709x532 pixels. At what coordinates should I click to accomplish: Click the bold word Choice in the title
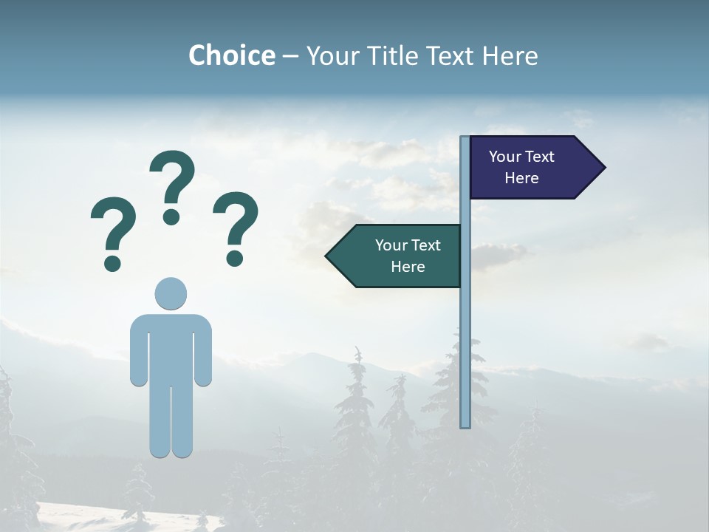231,55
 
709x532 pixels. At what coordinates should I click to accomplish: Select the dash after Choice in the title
291,57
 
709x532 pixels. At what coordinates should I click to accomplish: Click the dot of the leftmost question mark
112,262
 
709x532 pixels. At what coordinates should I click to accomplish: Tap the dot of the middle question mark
171,216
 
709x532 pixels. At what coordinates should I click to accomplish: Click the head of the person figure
171,293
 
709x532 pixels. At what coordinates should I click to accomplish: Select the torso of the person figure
171,347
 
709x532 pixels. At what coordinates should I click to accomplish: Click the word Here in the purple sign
521,178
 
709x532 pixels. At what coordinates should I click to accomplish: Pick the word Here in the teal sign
408,267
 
